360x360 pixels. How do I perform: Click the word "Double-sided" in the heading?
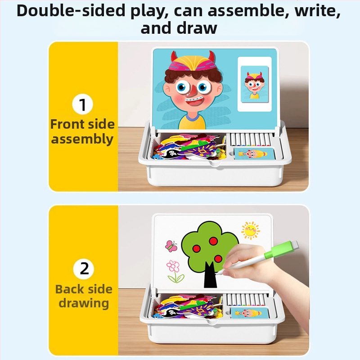pos(71,11)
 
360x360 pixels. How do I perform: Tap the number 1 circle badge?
pos(82,104)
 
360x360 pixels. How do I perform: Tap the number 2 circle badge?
pos(84,268)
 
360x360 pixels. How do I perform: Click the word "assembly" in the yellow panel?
pos(82,139)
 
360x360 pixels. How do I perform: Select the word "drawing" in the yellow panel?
pos(84,303)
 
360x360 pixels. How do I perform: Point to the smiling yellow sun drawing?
pos(251,230)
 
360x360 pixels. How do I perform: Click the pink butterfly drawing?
pos(171,246)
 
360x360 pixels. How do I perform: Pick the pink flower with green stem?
pos(175,271)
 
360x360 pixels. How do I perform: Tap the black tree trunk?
pos(210,274)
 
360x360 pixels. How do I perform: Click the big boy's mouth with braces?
pos(194,103)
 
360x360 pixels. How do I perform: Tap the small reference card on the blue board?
pos(255,84)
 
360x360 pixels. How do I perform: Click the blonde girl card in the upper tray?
pos(254,153)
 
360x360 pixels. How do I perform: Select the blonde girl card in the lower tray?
pos(249,313)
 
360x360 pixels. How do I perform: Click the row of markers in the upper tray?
pos(250,140)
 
